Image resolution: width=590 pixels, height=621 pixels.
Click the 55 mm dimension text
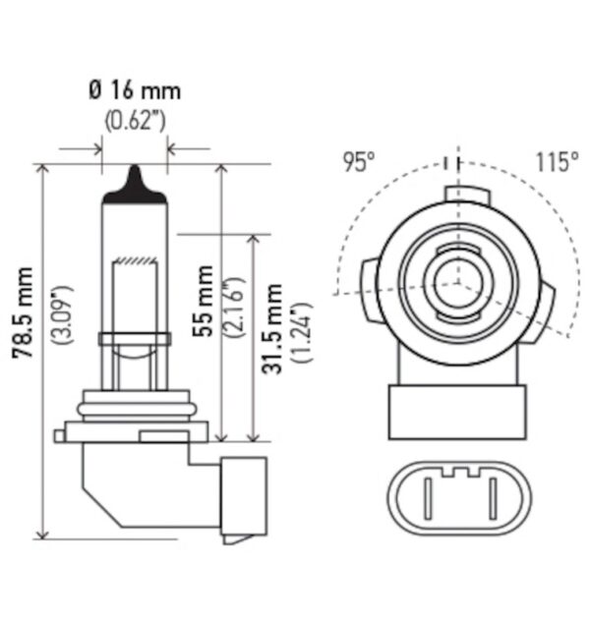204,301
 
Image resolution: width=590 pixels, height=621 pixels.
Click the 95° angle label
359,162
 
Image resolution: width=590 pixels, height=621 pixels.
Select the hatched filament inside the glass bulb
134,260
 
